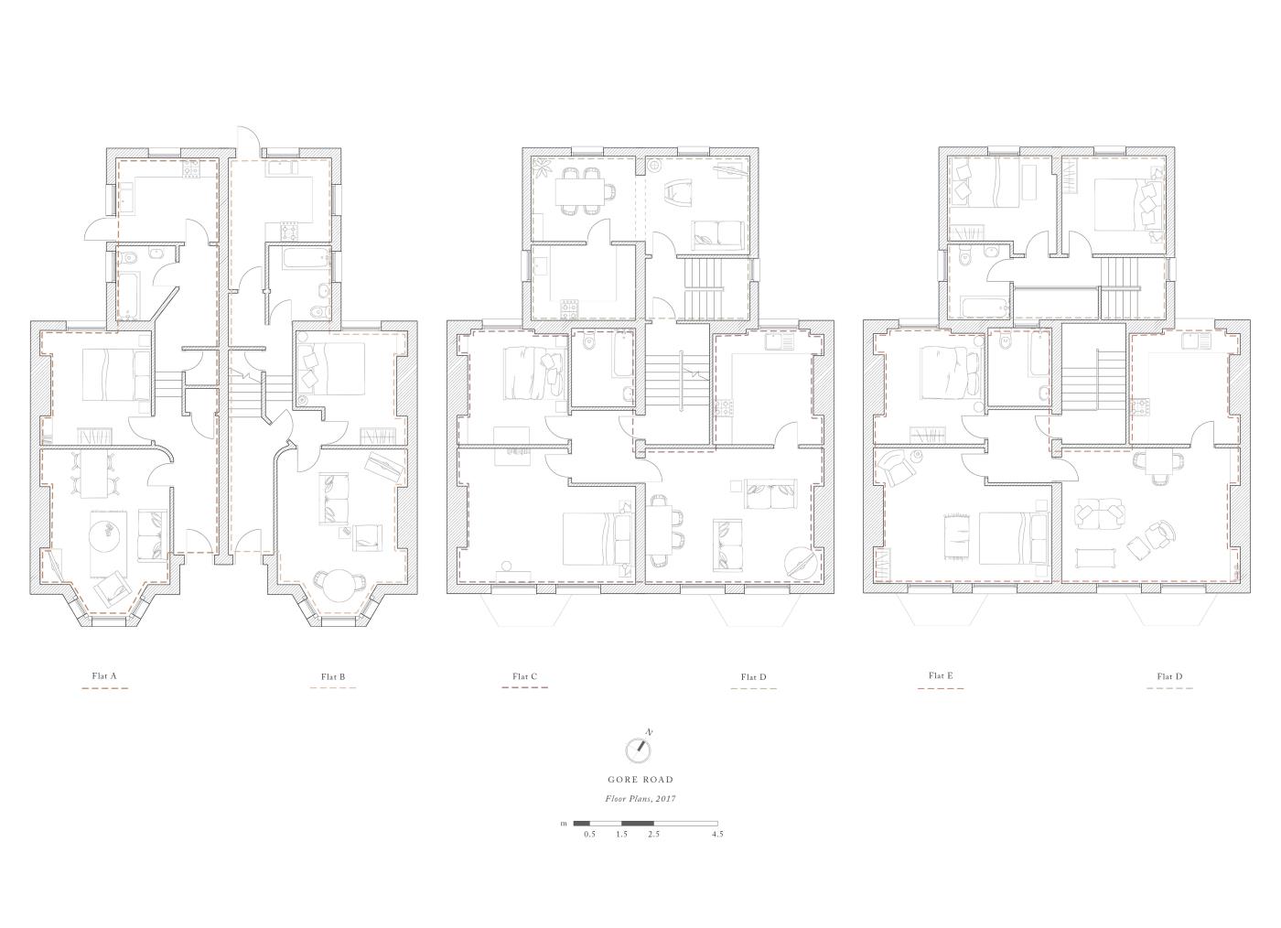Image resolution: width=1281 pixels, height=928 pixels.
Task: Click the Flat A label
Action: coord(104,675)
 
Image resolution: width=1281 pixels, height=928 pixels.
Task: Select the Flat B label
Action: coord(333,677)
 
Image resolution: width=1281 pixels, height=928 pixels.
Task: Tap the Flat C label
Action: coord(524,676)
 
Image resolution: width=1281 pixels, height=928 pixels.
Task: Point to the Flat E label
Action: coord(941,675)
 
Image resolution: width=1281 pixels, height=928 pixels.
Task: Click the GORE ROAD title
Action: coord(640,779)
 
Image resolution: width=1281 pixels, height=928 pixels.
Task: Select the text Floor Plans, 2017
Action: coord(640,798)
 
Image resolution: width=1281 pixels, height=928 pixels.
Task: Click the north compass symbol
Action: coord(640,748)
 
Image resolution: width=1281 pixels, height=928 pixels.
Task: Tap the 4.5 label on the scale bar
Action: coord(717,834)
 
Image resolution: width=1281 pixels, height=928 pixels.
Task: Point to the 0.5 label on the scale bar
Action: coord(589,834)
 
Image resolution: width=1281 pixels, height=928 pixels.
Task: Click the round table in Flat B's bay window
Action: coord(339,585)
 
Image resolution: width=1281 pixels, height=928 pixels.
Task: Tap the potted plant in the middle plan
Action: coord(541,167)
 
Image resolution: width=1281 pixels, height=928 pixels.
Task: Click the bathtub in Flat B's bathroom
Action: coord(307,261)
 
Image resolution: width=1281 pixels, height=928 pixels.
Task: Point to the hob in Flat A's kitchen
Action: coord(190,168)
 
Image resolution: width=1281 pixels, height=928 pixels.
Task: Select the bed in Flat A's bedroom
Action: coord(116,374)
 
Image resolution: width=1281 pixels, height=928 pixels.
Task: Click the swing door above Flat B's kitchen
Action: coord(249,141)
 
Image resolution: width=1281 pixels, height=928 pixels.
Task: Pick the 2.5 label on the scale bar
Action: coord(653,834)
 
